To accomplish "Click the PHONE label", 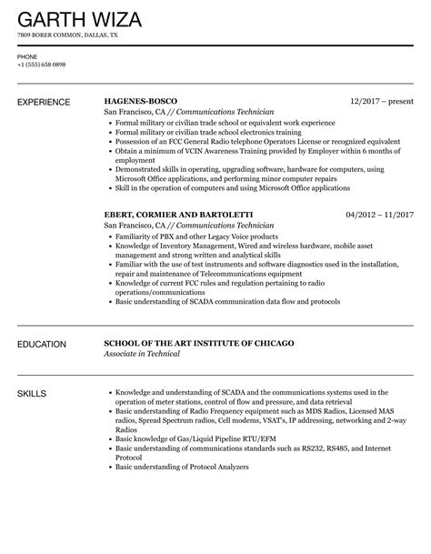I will coord(26,55).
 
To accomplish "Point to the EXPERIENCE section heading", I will coord(48,100).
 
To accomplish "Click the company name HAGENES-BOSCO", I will coord(140,100).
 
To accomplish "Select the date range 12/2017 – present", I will coord(383,100).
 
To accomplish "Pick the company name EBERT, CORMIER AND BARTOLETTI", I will coord(178,214).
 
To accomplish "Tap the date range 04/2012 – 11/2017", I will coord(380,214).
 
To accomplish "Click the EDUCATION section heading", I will coord(42,345).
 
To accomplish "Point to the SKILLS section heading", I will coord(33,393).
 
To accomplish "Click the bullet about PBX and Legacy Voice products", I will coord(195,236).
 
